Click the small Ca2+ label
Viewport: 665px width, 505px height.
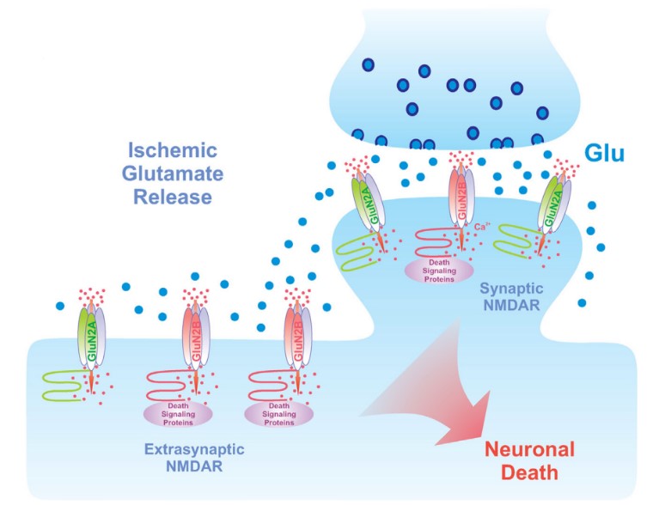pos(482,227)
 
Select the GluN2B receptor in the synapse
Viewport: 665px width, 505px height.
pos(459,207)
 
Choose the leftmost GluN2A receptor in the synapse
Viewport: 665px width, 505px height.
pos(369,206)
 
